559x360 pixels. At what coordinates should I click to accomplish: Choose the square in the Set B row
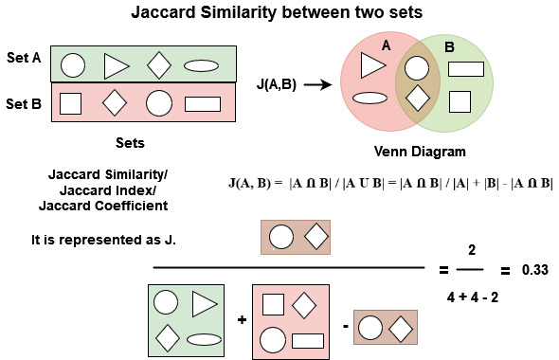pyautogui.click(x=71, y=103)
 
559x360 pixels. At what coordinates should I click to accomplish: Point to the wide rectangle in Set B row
pyautogui.click(x=202, y=103)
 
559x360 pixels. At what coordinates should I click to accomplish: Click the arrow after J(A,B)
pyautogui.click(x=316, y=84)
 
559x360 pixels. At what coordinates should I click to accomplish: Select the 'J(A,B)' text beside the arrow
pyautogui.click(x=277, y=84)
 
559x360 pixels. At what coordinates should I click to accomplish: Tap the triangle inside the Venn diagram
pyautogui.click(x=372, y=64)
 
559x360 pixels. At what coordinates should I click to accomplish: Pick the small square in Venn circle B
pyautogui.click(x=460, y=100)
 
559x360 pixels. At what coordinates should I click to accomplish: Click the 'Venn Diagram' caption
pyautogui.click(x=419, y=151)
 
